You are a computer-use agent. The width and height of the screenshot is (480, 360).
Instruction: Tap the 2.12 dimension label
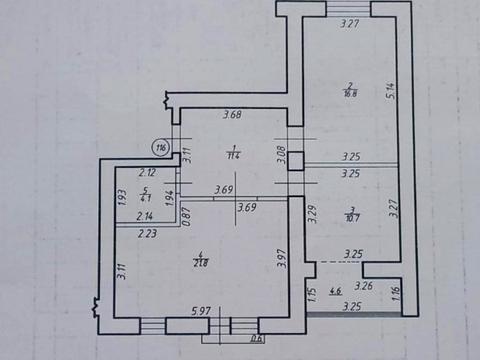(x=146, y=172)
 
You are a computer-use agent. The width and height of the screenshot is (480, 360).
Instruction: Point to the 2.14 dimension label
(x=145, y=216)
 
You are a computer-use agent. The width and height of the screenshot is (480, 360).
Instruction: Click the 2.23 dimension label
(x=147, y=234)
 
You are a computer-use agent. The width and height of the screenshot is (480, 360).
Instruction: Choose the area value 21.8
(x=200, y=262)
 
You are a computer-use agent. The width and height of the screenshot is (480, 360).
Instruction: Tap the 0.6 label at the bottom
(x=257, y=337)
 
